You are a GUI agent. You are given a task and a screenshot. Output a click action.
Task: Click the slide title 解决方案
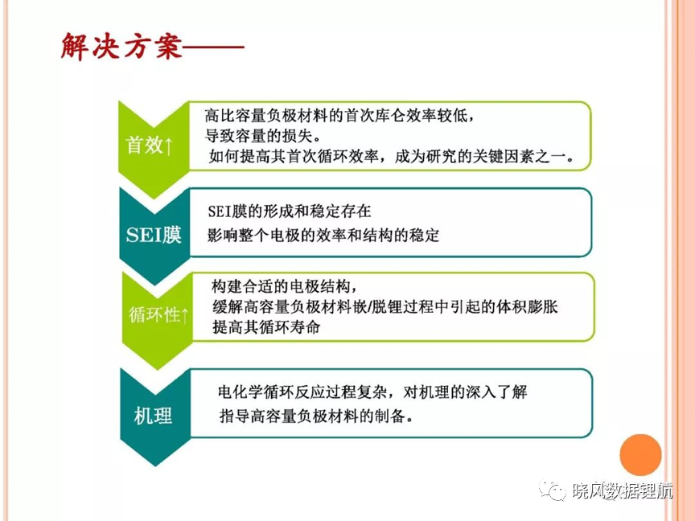pos(121,46)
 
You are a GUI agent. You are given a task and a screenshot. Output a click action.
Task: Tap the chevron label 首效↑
pos(150,146)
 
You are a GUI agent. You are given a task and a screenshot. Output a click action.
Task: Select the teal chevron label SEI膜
pos(154,235)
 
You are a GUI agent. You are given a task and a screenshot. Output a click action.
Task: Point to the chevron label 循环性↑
pos(158,314)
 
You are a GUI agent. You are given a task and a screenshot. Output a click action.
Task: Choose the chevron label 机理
pos(153,416)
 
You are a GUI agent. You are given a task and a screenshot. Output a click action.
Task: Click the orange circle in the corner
pos(640,455)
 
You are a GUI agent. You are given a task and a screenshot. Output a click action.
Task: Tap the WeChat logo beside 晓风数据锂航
pos(553,491)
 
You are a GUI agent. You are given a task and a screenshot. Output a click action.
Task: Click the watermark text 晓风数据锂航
pos(623,491)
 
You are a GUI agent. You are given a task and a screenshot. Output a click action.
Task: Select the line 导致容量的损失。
pos(263,136)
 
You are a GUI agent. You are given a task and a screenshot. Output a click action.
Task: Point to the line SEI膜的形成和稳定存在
pos(290,211)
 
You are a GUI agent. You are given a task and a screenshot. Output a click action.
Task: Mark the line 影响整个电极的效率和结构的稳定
pos(323,236)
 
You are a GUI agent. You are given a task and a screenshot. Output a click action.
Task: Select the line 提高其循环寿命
pos(266,327)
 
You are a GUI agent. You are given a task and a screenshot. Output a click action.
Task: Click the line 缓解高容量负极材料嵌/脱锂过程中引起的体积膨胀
pos(385,307)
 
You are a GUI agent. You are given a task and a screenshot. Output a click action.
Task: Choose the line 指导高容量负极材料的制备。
pos(316,416)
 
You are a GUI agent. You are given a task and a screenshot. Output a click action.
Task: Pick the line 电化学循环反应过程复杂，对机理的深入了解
pos(372,392)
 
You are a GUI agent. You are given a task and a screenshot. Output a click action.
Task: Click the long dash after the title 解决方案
pos(214,47)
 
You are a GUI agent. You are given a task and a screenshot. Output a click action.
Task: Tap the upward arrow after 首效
pos(169,146)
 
